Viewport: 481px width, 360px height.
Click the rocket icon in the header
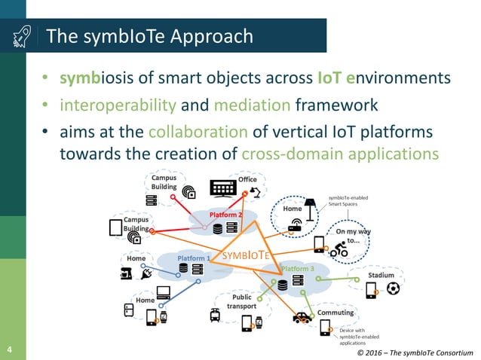coord(21,35)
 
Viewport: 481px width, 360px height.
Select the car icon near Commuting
coord(302,317)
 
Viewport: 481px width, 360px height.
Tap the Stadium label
coord(381,276)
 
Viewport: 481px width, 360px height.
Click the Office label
coord(248,179)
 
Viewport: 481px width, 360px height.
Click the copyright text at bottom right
coord(415,352)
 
